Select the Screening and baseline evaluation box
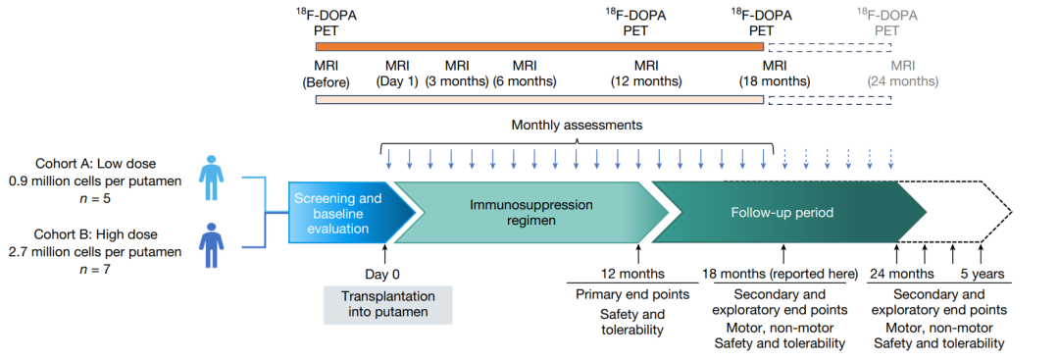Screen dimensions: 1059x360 pyautogui.click(x=337, y=214)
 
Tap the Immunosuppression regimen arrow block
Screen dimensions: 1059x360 pyautogui.click(x=530, y=214)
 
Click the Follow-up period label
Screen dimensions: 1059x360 pyautogui.click(x=782, y=213)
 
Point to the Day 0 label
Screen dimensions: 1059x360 pyautogui.click(x=382, y=275)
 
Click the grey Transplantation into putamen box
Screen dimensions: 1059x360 pyautogui.click(x=387, y=305)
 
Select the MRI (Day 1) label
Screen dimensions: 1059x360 pyautogui.click(x=397, y=74)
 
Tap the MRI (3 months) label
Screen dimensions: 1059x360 pyautogui.click(x=457, y=74)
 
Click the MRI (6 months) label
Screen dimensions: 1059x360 pyautogui.click(x=524, y=74)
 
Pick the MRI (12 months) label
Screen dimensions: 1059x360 pyautogui.click(x=646, y=74)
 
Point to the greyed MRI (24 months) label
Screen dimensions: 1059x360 pyautogui.click(x=903, y=74)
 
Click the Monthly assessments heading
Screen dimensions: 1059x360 pyautogui.click(x=577, y=125)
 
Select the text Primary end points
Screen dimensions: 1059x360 pyautogui.click(x=632, y=295)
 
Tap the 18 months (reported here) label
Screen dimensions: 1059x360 pyautogui.click(x=781, y=275)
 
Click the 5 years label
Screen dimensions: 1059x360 pyautogui.click(x=983, y=275)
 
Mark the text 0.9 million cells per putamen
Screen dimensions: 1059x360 pyautogui.click(x=96, y=181)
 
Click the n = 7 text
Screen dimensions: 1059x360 pyautogui.click(x=96, y=269)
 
